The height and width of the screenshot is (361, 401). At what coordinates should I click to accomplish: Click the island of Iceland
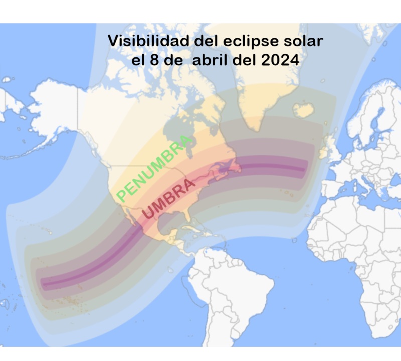(x=304, y=109)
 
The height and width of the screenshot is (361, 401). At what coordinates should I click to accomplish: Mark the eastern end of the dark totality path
(x=304, y=169)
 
